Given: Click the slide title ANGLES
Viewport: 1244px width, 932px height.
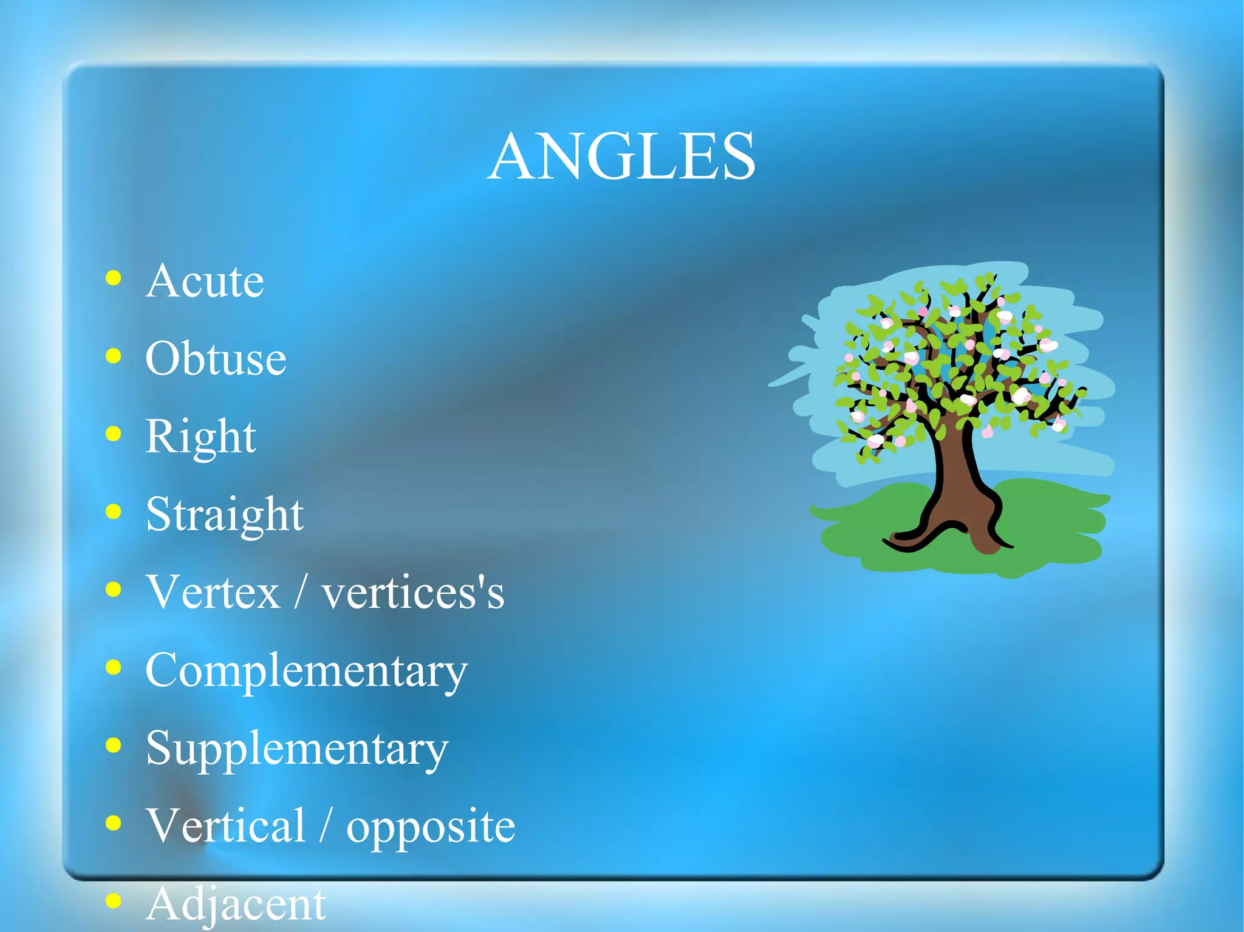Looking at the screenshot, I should (621, 157).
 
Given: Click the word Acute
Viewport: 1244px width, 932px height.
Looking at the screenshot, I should (205, 282).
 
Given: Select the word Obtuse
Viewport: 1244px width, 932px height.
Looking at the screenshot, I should (216, 359).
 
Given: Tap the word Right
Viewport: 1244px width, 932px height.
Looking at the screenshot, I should (200, 437).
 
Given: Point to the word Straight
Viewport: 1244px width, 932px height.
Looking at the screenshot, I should (225, 515).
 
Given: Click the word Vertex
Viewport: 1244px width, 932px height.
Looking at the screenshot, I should (213, 592).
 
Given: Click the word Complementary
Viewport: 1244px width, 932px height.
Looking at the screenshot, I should (307, 671).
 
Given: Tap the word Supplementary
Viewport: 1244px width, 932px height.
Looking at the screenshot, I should (297, 749).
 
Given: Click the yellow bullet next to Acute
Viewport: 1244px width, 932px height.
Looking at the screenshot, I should (113, 279).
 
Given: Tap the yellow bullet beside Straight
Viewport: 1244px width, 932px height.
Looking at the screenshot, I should (113, 512).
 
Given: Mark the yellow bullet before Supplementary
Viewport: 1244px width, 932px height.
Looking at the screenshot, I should (113, 745).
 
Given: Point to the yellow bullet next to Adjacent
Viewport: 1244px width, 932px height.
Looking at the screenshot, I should (113, 901).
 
